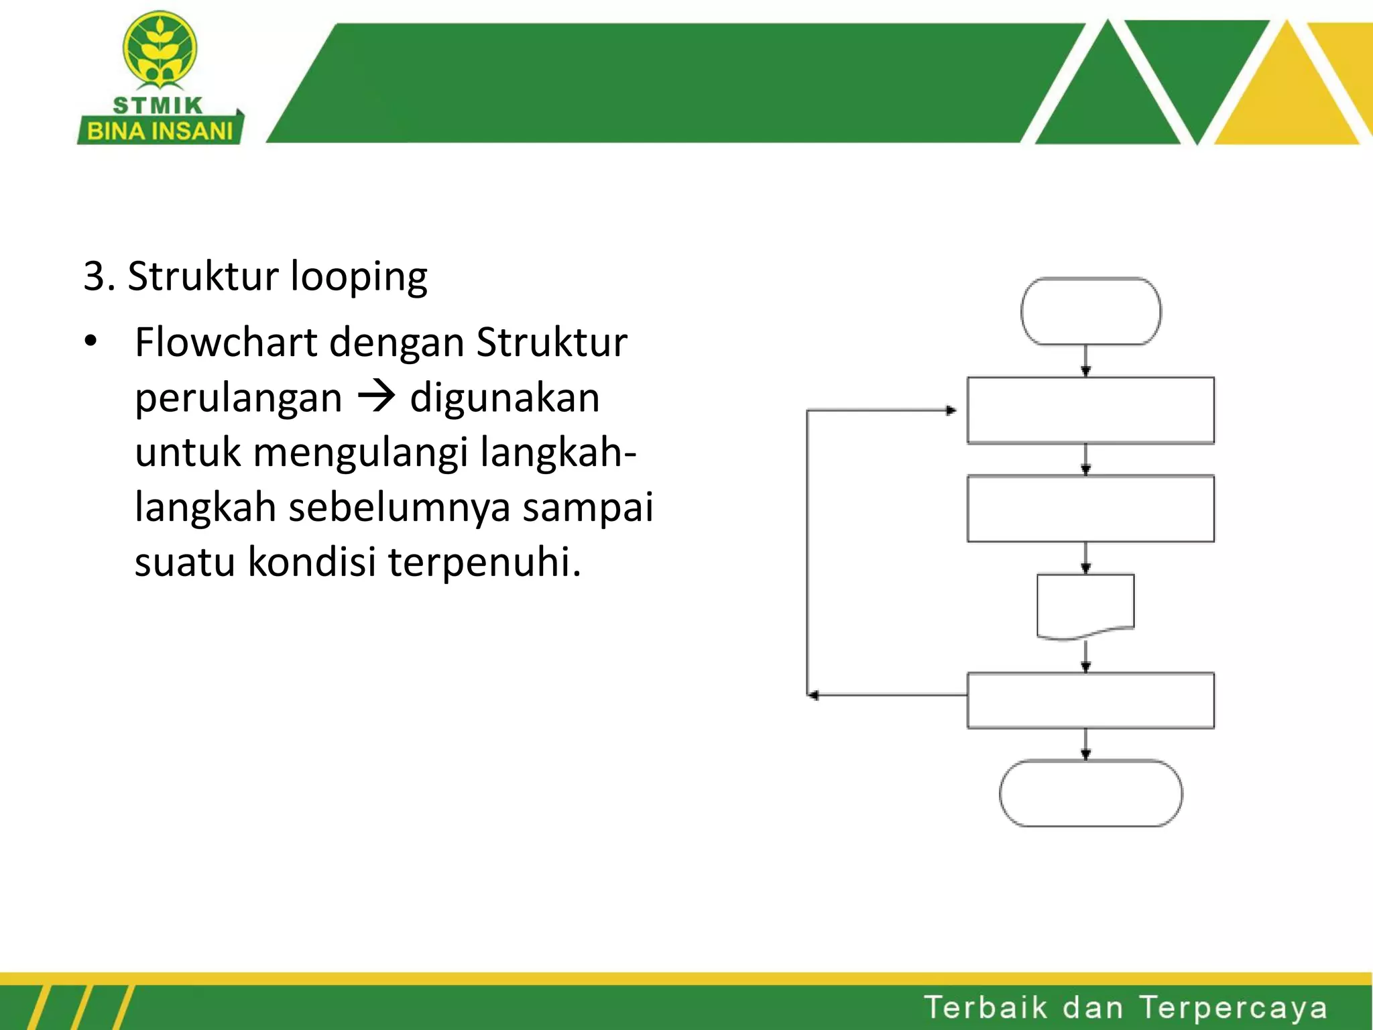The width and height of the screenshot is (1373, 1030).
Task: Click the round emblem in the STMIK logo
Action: click(x=160, y=50)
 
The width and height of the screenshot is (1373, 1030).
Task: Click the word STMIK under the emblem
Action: click(x=158, y=105)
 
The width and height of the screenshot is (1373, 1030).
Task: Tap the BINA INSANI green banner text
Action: click(x=160, y=131)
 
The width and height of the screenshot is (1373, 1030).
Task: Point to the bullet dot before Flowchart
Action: click(x=91, y=342)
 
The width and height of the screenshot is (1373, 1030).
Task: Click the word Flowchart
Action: click(x=225, y=342)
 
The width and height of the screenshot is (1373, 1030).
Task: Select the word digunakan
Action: click(x=504, y=398)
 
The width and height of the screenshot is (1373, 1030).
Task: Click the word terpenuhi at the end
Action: click(x=484, y=561)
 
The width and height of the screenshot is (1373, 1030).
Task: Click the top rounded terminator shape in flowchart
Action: click(x=1090, y=312)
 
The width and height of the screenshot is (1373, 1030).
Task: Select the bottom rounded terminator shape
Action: click(x=1090, y=793)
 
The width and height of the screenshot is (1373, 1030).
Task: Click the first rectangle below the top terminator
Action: click(x=1090, y=410)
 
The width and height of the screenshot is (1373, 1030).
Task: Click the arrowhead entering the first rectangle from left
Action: click(x=951, y=410)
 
